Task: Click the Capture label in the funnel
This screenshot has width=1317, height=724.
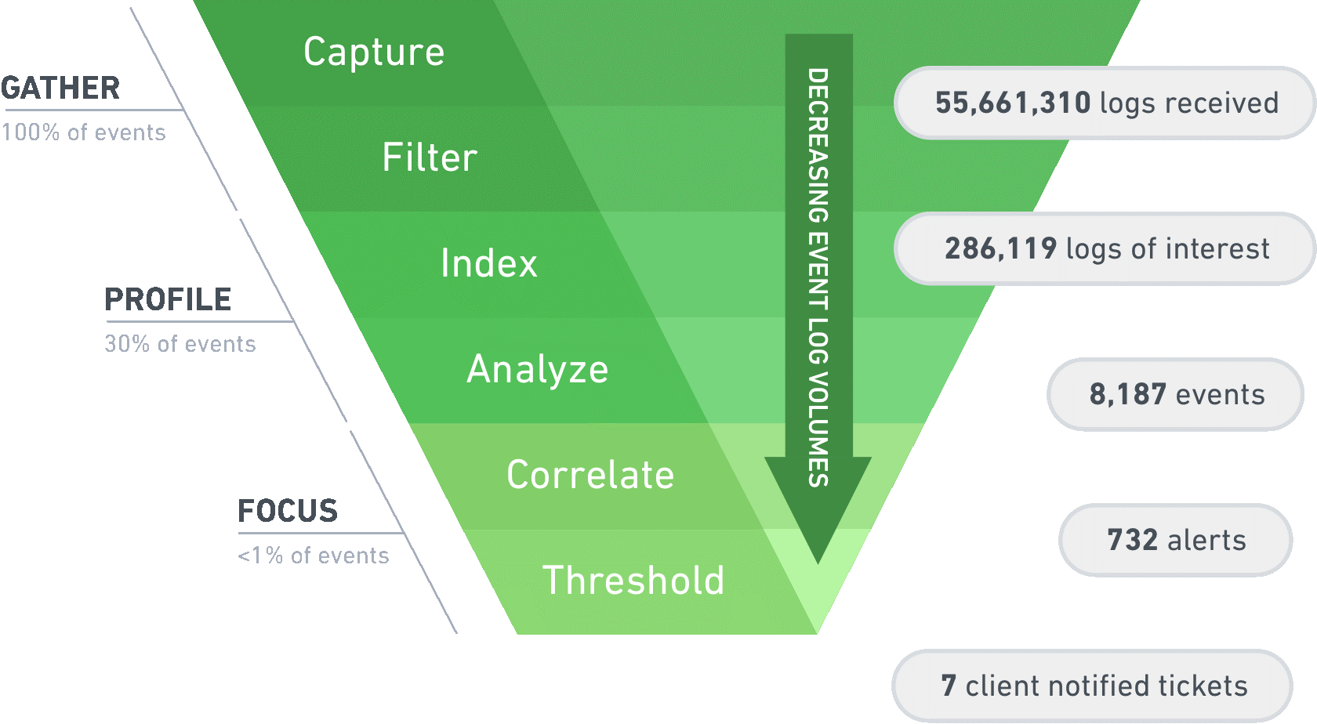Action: coord(374,52)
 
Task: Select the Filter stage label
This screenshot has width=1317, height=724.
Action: coord(430,157)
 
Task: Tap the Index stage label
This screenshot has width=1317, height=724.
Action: coord(489,263)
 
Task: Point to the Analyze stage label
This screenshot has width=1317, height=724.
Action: coord(538,369)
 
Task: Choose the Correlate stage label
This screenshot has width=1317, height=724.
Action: coord(590,475)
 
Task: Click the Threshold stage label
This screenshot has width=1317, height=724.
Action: coord(633,581)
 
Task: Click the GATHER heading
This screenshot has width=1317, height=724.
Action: coord(60,88)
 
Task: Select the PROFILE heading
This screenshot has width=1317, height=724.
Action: coord(168,299)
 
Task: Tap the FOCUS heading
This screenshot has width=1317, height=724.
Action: coord(288,511)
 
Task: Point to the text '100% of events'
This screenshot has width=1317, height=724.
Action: coord(84,132)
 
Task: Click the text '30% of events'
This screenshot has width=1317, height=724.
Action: coord(180,344)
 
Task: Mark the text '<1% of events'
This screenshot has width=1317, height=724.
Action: coord(314,556)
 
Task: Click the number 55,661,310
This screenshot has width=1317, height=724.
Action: coord(1013,103)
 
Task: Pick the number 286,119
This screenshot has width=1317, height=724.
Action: coord(1000,248)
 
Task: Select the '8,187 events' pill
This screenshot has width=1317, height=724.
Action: coord(1176,394)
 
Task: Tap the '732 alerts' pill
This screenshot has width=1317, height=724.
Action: coord(1176,540)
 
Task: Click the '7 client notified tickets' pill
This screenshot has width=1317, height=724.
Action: coord(1093,686)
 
